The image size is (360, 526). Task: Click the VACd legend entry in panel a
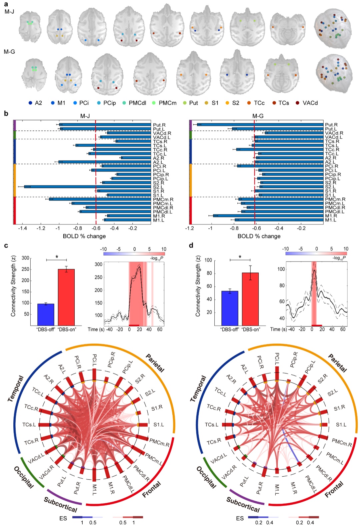point(307,103)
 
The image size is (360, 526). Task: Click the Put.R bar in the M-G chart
point(260,125)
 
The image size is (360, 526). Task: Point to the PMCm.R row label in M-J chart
point(163,199)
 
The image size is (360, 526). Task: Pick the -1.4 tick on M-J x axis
point(22,228)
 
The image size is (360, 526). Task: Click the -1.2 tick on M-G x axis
point(189,228)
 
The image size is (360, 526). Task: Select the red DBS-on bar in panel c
point(66,297)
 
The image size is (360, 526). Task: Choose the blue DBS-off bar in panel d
point(230,308)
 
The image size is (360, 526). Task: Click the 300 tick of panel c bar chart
point(25,258)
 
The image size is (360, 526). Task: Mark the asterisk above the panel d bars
point(240,257)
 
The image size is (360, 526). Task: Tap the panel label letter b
point(6,113)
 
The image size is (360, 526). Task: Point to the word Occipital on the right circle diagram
point(206,477)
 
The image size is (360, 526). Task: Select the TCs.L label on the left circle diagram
point(29,425)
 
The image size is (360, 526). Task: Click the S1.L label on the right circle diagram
point(341,425)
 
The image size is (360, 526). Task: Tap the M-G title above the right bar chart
point(258,116)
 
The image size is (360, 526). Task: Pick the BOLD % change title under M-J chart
point(84,236)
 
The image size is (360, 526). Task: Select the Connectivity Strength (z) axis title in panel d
point(198,286)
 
